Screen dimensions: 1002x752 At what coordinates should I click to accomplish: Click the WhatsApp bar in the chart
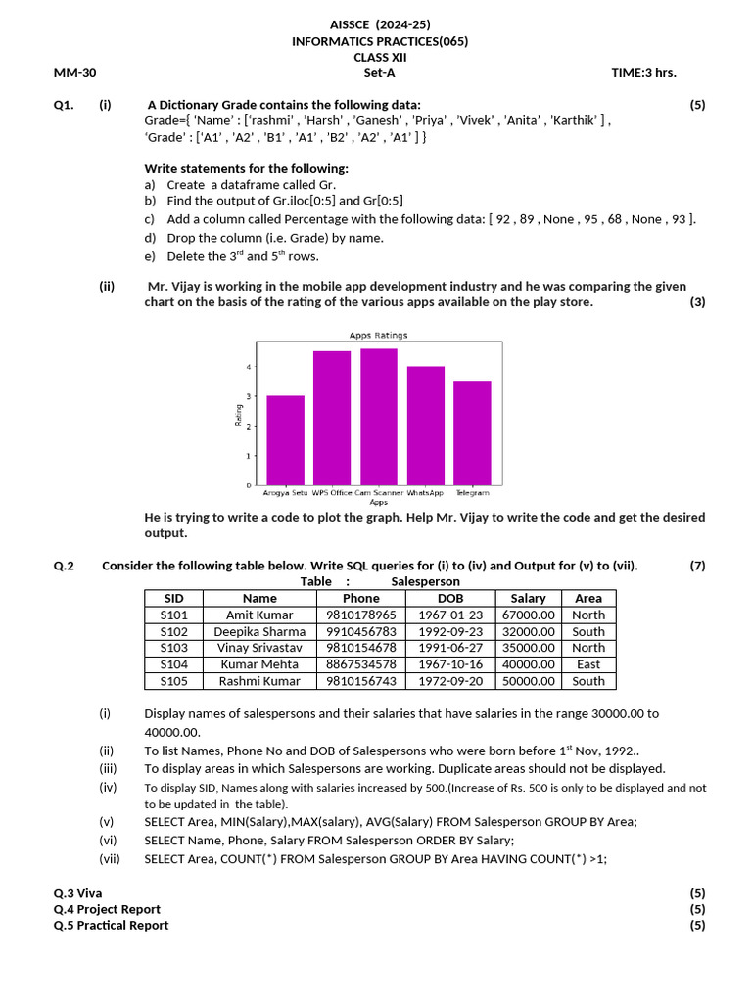pos(426,426)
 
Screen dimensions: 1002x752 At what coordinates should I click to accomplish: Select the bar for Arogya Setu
pos(285,440)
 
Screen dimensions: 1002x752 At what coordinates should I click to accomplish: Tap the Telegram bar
pos(472,433)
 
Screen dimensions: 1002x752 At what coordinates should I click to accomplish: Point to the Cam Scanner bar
pos(378,417)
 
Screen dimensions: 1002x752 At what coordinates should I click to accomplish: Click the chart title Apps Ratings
pos(378,336)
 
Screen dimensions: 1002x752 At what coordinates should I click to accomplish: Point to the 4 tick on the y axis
pos(249,367)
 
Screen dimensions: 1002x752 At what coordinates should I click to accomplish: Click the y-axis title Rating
pos(238,415)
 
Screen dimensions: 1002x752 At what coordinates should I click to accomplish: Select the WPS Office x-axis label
pos(332,493)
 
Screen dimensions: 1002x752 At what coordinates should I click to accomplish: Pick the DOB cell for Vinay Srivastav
pos(450,648)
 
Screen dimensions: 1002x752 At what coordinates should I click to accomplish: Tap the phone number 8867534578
pos(361,664)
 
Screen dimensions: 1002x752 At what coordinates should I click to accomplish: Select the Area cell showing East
pos(588,664)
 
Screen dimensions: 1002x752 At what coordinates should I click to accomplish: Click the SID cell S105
pos(173,681)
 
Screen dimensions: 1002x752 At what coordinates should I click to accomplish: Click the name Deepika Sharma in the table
pos(259,631)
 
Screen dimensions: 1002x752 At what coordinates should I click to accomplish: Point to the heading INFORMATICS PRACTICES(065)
pos(380,41)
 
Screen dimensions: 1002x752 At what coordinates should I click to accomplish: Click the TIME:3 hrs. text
pos(643,72)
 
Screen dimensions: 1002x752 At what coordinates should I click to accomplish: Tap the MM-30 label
pos(74,72)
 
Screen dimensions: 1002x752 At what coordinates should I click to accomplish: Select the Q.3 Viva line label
pos(77,893)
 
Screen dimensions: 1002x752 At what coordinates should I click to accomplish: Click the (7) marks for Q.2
pos(696,565)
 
